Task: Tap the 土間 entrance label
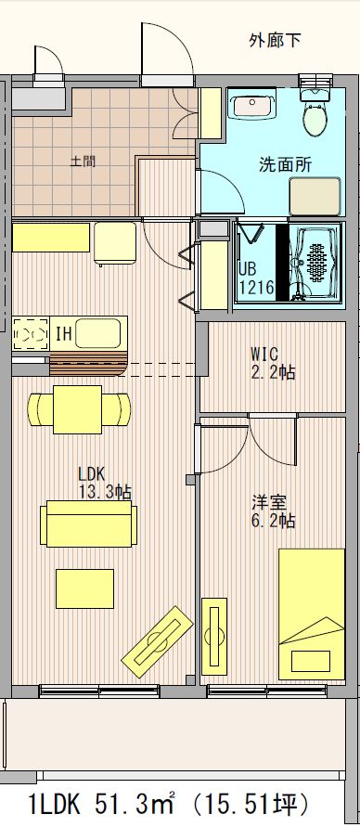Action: click(83, 161)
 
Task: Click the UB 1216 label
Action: click(255, 278)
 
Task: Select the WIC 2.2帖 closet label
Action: click(273, 362)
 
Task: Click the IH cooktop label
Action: click(64, 332)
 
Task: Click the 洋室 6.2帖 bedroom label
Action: click(274, 512)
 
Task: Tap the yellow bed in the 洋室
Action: click(312, 613)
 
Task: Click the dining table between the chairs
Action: click(79, 407)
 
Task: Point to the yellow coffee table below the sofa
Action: click(84, 588)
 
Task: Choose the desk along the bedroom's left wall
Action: click(215, 636)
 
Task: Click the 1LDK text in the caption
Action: click(57, 804)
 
